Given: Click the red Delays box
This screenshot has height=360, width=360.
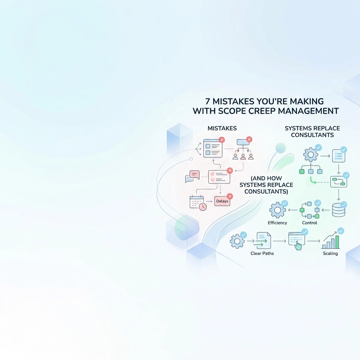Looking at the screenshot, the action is (x=222, y=201).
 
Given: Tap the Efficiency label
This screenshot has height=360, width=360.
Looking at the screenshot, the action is (x=277, y=223).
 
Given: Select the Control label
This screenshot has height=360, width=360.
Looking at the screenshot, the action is (x=309, y=223).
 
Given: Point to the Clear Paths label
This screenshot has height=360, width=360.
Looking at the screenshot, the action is (x=262, y=253).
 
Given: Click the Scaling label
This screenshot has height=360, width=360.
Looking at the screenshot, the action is (x=330, y=253).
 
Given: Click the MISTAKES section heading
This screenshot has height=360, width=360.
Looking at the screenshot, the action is (x=222, y=128).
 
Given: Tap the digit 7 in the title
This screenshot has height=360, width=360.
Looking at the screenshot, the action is (x=207, y=102).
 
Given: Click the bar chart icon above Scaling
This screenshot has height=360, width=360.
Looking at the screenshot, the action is (x=331, y=241).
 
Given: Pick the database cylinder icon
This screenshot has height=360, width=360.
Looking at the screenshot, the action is (x=339, y=210).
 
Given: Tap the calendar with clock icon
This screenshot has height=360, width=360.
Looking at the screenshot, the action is (x=198, y=203).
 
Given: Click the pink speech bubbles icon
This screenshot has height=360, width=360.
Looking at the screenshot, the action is (x=192, y=176).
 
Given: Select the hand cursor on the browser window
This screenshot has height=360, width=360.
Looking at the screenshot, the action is (x=298, y=245).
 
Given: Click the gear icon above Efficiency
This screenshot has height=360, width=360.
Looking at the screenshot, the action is (x=277, y=210).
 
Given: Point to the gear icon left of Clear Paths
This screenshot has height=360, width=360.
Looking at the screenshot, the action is (x=237, y=241).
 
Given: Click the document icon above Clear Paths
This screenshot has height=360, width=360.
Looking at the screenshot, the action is (x=264, y=240).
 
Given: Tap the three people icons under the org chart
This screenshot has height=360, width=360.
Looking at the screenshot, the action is (x=243, y=156).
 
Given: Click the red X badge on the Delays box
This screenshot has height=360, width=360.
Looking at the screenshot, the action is (x=230, y=196).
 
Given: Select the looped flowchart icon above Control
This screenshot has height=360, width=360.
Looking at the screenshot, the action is (x=309, y=210).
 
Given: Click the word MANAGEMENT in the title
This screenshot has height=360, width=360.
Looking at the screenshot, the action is (x=308, y=111).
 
